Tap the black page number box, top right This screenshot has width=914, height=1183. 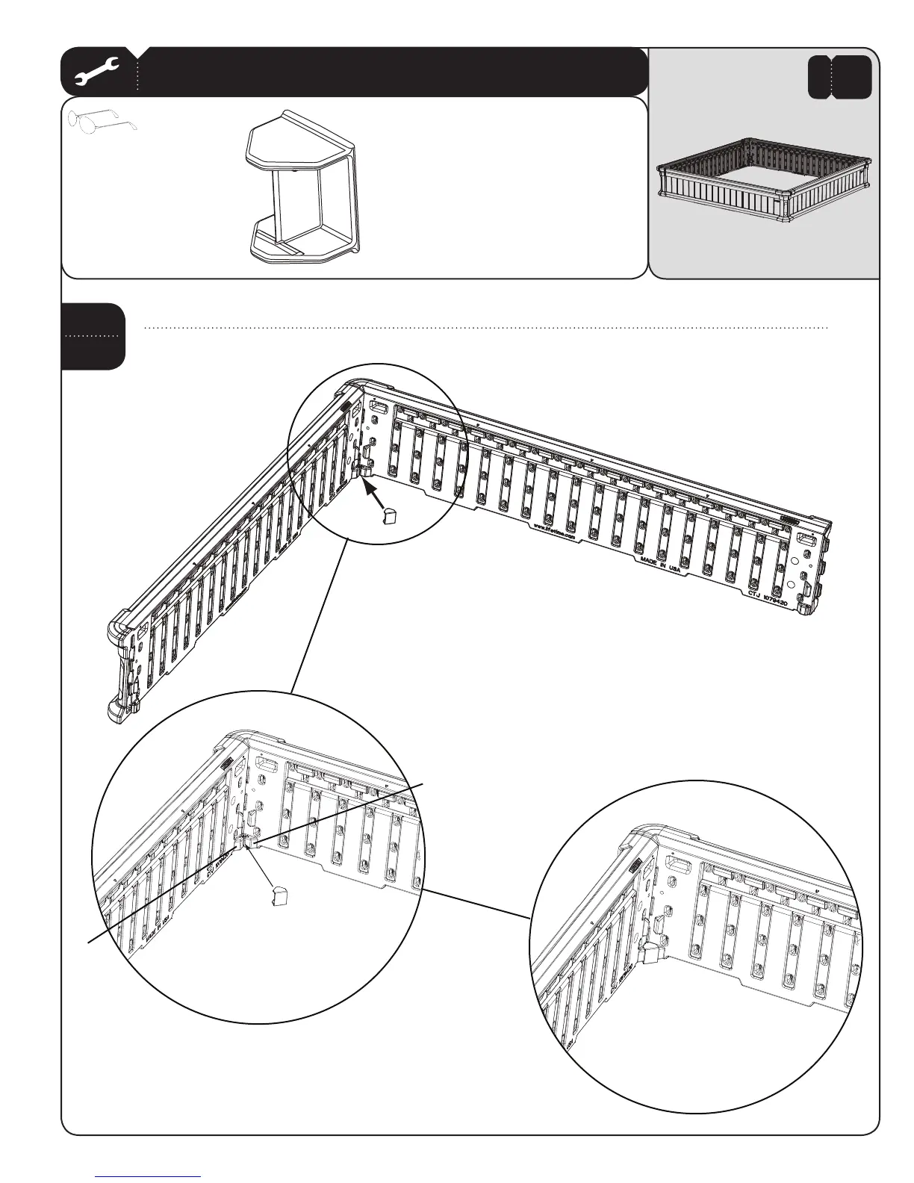(x=839, y=76)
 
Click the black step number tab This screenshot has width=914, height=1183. (x=93, y=335)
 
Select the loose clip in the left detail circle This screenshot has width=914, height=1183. (x=280, y=895)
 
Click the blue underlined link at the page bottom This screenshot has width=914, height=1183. (x=149, y=1176)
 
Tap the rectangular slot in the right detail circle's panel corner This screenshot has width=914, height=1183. (x=679, y=866)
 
